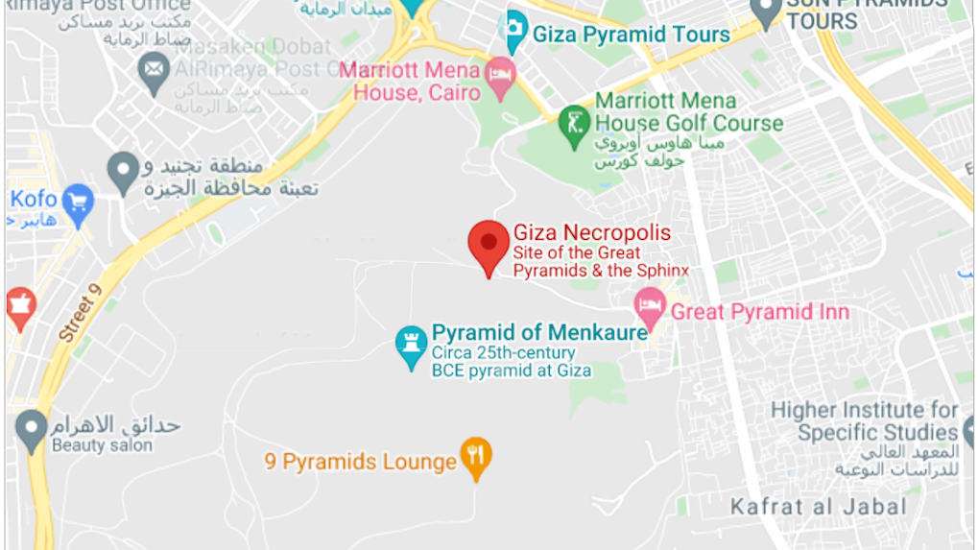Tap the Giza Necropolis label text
592,232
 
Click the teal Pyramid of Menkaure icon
411,344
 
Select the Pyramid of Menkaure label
539,333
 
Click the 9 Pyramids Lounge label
361,462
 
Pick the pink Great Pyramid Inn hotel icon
650,307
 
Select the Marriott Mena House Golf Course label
688,112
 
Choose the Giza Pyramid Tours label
631,35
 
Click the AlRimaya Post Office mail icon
154,69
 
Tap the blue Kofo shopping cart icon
78,202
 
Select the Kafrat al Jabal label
818,507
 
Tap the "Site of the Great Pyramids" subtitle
590,252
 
